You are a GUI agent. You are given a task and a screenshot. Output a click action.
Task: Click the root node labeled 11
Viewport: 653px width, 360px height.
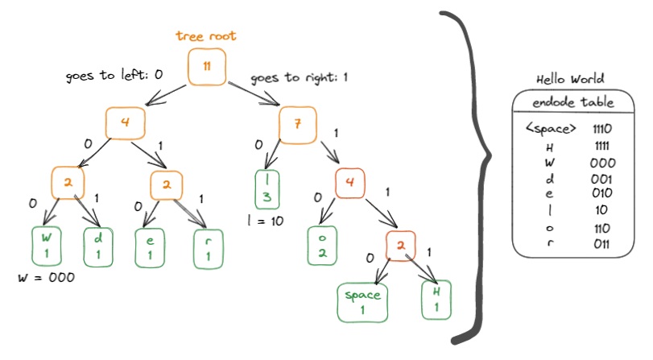click(208, 67)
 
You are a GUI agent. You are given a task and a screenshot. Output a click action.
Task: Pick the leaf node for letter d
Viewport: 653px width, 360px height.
click(100, 246)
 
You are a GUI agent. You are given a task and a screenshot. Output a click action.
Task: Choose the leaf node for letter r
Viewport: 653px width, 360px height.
click(208, 248)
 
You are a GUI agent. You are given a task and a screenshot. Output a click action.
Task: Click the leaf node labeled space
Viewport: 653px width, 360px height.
click(362, 303)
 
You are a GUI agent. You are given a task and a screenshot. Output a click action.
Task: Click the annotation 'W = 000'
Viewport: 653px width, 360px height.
click(46, 278)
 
